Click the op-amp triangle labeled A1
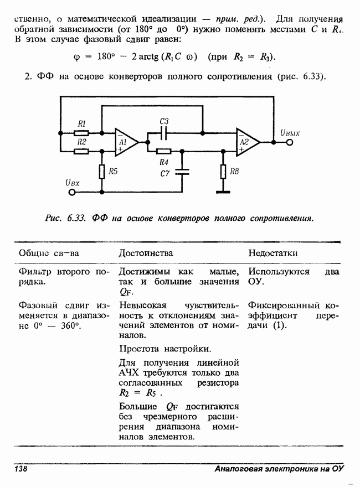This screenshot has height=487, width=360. pos(125,142)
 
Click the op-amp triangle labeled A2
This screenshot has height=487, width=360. pos(246,142)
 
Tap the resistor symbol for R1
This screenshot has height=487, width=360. pos(81,133)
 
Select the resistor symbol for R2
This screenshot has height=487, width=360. pos(81,149)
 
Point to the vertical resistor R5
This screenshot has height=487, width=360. pos(102,172)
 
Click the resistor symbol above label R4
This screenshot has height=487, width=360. pos(163,150)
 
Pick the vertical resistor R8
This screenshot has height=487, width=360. pos(223,172)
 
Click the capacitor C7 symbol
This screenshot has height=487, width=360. pos(182,172)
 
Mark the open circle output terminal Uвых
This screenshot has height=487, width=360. pos(289,142)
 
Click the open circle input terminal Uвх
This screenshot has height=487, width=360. pos(71,193)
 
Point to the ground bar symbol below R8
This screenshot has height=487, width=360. pos(223,193)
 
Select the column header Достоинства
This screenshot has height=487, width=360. pos(146,253)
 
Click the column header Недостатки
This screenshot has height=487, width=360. pos(273,253)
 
